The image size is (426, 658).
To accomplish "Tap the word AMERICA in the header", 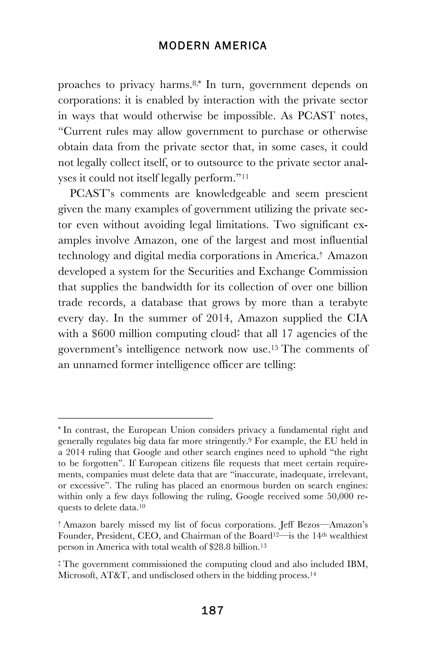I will tap(240, 46).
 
